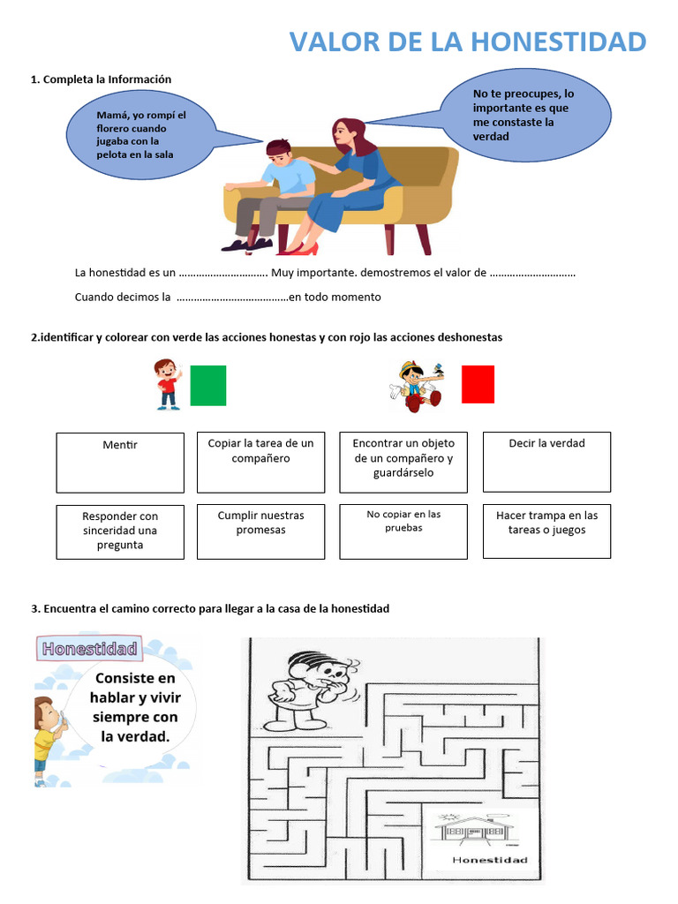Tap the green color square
(x=208, y=385)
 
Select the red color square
(x=478, y=384)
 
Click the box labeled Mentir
(x=120, y=462)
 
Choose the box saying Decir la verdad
(x=546, y=462)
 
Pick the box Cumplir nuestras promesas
(x=260, y=531)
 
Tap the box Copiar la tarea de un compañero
(x=260, y=462)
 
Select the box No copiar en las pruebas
(x=403, y=531)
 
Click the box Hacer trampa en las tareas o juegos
(x=546, y=531)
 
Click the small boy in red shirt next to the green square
(x=167, y=384)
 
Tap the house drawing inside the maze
(x=477, y=829)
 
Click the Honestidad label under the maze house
(x=489, y=860)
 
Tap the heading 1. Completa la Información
(x=102, y=79)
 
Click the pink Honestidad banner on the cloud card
(x=88, y=649)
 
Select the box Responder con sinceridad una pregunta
(x=120, y=531)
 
